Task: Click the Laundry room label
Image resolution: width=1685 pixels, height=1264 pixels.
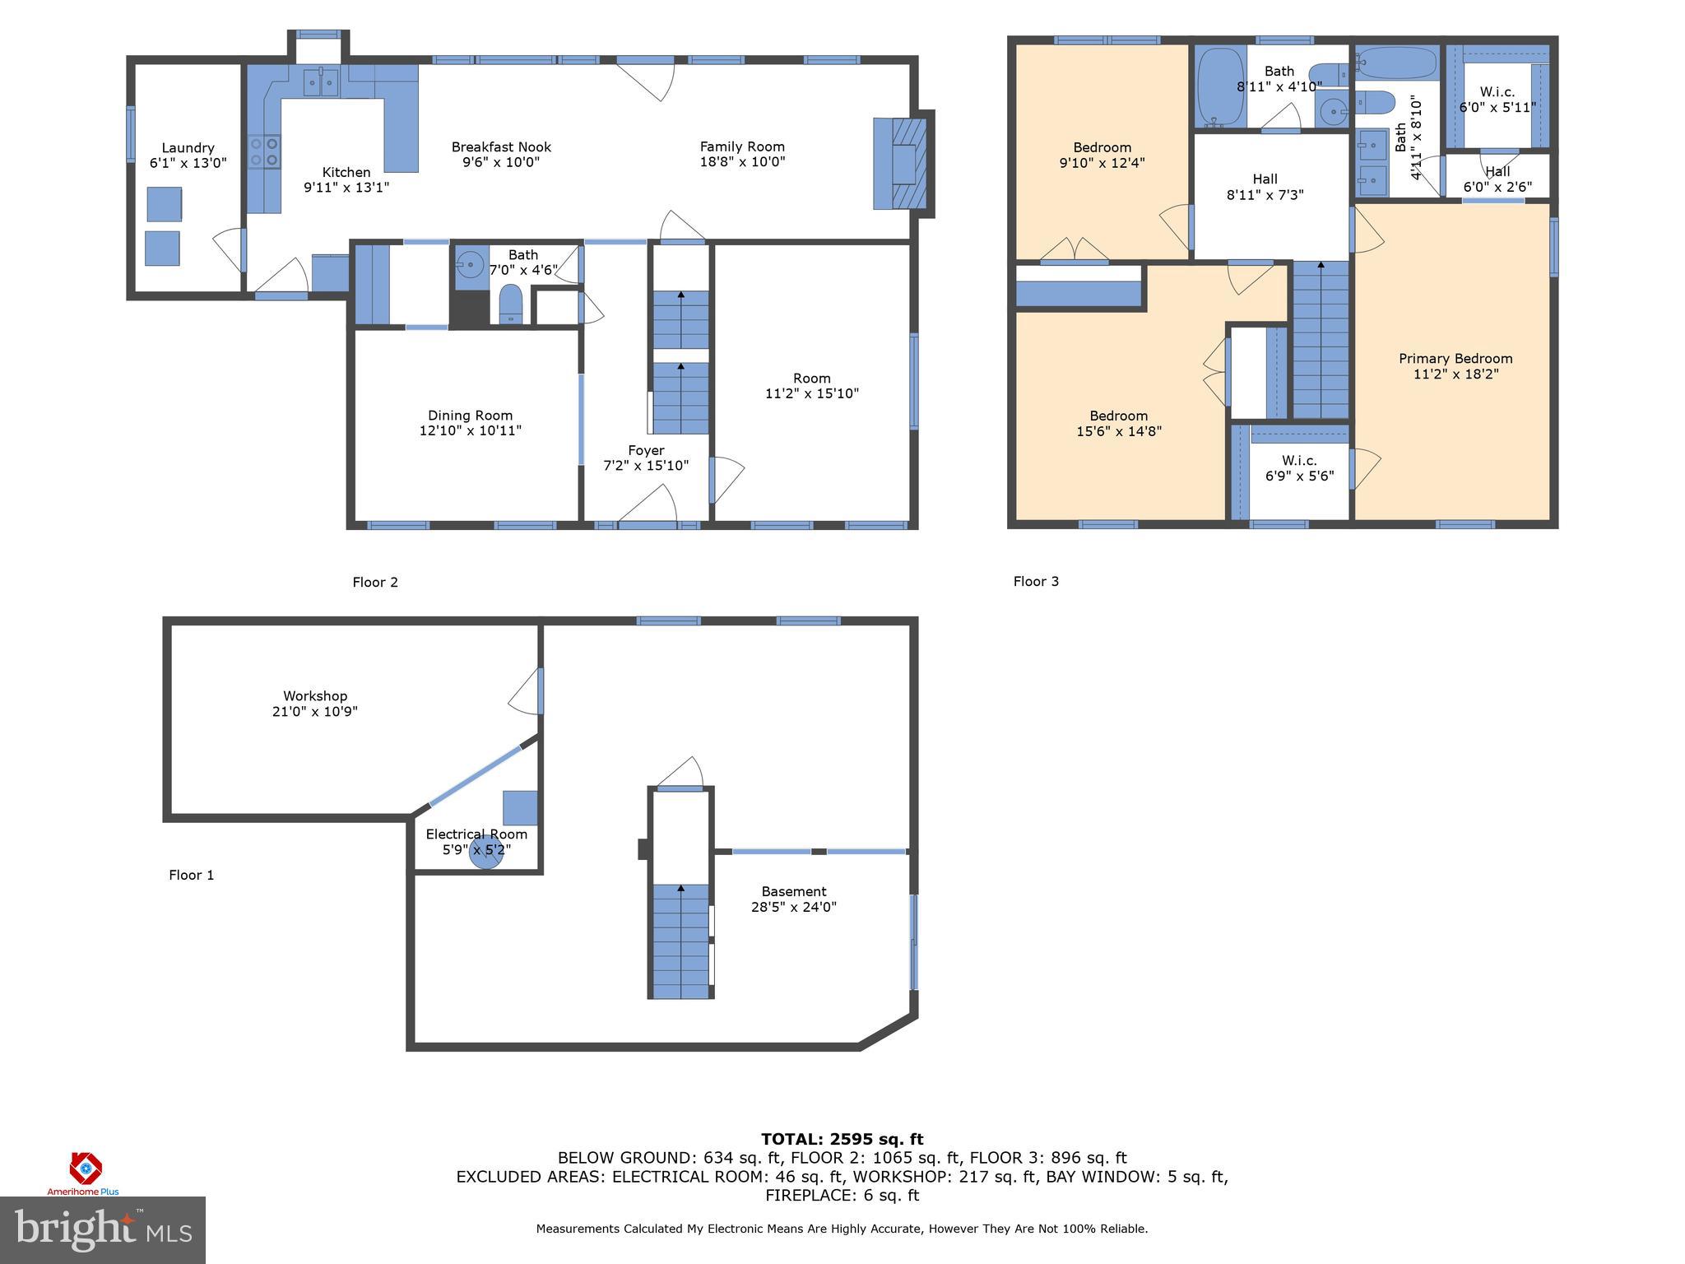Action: pos(188,148)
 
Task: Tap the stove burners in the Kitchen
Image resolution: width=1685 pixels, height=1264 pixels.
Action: pos(265,151)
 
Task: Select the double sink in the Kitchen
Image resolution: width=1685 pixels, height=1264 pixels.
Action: pos(321,82)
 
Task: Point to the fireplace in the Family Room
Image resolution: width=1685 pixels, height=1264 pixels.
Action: pos(903,164)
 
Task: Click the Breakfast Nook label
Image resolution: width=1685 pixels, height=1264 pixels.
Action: pos(501,147)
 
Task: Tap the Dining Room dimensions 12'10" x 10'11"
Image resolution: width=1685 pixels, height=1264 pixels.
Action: pos(470,430)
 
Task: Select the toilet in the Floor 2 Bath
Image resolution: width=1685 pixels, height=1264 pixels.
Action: pos(511,304)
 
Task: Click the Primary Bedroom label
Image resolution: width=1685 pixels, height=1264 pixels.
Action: pos(1455,359)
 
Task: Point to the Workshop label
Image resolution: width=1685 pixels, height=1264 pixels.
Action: pos(315,696)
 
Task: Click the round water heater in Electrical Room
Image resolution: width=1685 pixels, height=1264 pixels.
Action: pos(485,852)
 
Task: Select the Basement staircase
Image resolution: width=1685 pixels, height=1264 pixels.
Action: pos(680,940)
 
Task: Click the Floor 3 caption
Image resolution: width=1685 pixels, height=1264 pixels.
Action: pos(1036,582)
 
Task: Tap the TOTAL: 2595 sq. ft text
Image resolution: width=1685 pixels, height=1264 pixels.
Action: pos(842,1140)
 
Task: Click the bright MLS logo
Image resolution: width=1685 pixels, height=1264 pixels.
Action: pos(103,1230)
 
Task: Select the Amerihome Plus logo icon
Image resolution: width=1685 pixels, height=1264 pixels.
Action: pos(85,1168)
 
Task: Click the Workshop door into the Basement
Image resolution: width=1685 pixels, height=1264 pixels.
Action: pos(527,694)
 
